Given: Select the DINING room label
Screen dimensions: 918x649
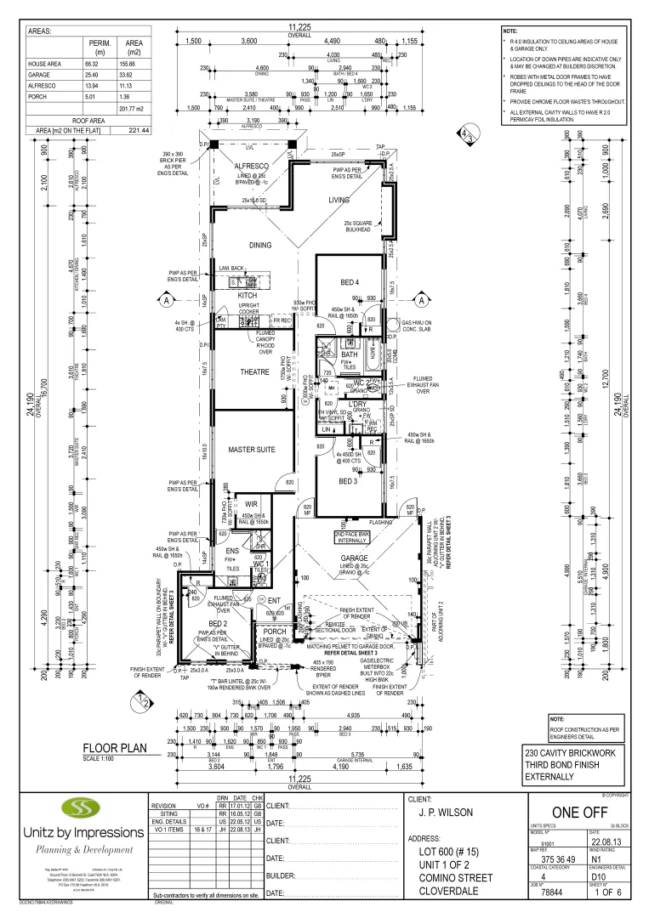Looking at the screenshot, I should click(260, 246).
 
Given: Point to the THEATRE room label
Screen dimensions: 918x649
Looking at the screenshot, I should click(254, 372).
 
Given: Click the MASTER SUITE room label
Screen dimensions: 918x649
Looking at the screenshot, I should click(253, 449).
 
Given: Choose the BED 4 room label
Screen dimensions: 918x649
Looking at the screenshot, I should click(350, 282).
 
